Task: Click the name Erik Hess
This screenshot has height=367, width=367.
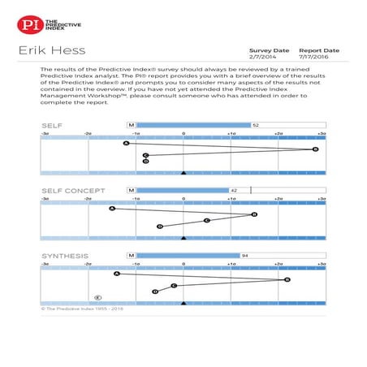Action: click(x=48, y=53)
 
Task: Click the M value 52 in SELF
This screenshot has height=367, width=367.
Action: click(x=255, y=125)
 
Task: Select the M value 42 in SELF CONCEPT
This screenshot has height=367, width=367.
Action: click(x=234, y=190)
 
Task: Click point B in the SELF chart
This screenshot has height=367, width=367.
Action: click(x=315, y=149)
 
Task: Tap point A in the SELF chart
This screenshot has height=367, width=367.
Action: click(x=126, y=144)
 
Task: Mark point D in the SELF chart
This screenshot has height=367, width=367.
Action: click(x=145, y=162)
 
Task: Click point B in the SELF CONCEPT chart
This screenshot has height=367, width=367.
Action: click(x=254, y=214)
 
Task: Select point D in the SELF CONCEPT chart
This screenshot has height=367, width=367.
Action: click(x=160, y=226)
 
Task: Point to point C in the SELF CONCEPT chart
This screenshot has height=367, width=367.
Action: click(x=206, y=220)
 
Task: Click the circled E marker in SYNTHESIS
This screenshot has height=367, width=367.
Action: click(x=98, y=297)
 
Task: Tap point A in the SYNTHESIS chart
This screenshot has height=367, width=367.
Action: click(x=116, y=274)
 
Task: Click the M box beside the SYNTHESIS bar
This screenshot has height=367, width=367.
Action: click(x=130, y=255)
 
